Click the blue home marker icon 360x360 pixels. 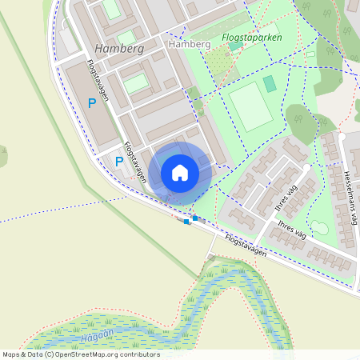point(180,173)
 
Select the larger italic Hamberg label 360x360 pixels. point(118,48)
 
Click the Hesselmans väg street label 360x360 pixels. point(350,197)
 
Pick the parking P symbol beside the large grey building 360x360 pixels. point(92,102)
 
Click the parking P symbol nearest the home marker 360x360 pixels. point(119,162)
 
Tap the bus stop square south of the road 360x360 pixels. point(186,222)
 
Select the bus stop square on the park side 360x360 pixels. point(195,218)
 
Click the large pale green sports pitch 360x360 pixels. point(251,106)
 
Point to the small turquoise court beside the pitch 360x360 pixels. point(270,83)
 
